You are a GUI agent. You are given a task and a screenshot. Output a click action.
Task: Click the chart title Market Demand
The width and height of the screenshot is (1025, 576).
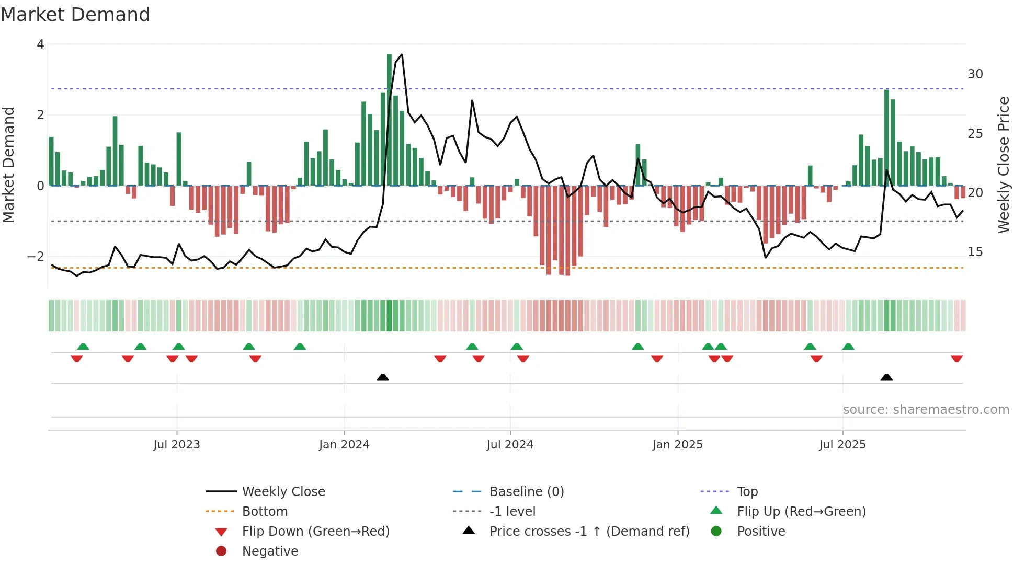[75, 15]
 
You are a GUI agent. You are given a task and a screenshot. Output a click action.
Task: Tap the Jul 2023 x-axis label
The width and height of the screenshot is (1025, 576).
[177, 445]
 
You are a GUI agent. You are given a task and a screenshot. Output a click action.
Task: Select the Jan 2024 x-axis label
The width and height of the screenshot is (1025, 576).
[344, 445]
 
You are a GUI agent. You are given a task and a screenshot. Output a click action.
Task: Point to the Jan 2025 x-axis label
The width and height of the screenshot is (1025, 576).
[678, 445]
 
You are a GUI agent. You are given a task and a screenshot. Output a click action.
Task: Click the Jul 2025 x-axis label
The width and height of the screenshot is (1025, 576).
[842, 445]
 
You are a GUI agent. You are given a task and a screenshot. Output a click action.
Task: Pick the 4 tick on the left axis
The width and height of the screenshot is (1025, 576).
[40, 44]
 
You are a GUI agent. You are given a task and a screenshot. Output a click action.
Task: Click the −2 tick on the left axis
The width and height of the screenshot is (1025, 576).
[36, 257]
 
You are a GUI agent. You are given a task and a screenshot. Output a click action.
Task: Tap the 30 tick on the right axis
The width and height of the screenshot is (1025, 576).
[975, 74]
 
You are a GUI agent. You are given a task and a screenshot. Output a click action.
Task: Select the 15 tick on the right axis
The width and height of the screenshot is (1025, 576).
[975, 252]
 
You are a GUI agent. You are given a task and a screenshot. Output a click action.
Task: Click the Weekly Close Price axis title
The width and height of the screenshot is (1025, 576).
[1004, 165]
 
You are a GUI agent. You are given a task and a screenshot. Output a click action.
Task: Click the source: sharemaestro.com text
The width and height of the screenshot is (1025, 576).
[926, 410]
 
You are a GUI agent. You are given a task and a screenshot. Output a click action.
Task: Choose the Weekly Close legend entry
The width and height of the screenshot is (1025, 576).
[283, 492]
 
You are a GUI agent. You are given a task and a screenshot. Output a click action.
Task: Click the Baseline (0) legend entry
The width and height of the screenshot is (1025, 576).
[527, 492]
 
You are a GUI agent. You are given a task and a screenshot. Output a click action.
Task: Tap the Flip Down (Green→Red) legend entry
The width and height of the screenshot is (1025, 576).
[315, 532]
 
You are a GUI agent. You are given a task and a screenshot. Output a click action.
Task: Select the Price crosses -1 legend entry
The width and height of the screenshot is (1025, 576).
[589, 532]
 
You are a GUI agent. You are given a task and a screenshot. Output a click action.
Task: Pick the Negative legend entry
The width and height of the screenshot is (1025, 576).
[270, 551]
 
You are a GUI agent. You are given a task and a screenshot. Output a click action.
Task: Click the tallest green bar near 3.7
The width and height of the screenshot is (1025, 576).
[389, 120]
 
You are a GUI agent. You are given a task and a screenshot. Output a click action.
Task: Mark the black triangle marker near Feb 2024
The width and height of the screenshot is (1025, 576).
[383, 377]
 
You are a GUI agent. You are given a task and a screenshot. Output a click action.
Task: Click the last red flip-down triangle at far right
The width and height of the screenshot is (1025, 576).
[957, 359]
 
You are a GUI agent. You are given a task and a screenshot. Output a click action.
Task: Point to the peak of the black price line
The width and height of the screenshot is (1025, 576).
[402, 54]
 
